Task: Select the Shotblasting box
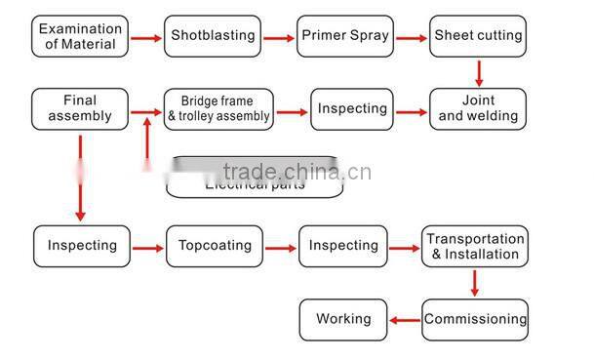click(213, 36)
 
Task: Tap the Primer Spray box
click(345, 36)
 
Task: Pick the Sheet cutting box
click(478, 36)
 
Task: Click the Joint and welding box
click(478, 108)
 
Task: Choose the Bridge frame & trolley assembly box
click(218, 109)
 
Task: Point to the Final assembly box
click(80, 108)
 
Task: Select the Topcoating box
click(215, 246)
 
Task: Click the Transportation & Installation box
click(475, 247)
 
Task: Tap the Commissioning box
click(475, 319)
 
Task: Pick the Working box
click(343, 319)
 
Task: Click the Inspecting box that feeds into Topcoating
click(82, 246)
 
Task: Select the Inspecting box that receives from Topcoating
click(343, 246)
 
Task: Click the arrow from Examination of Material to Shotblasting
click(145, 38)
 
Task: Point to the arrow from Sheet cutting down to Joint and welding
click(479, 72)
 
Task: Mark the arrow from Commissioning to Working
click(404, 320)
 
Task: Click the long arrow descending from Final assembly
click(80, 176)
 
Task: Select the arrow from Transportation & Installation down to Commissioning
click(475, 283)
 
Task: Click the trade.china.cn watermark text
click(297, 172)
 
